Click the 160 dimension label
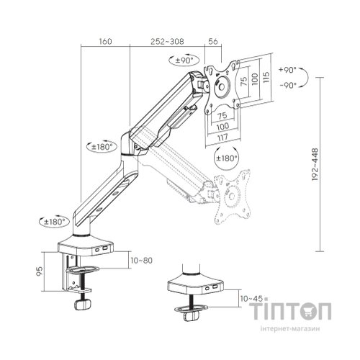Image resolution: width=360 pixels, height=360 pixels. pyautogui.click(x=105, y=41)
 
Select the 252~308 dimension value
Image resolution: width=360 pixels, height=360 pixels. pyautogui.click(x=167, y=41)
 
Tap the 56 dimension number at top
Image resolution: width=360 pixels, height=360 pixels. pyautogui.click(x=213, y=41)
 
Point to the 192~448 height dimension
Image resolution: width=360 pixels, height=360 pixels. pyautogui.click(x=315, y=164)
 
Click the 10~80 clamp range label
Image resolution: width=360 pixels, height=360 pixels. pyautogui.click(x=142, y=260)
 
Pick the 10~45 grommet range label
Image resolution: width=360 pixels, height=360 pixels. pyautogui.click(x=251, y=298)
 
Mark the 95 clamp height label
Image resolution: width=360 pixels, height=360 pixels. pyautogui.click(x=40, y=271)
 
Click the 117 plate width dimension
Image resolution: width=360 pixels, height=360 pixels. pyautogui.click(x=222, y=138)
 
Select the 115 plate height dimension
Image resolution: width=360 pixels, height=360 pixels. pyautogui.click(x=266, y=77)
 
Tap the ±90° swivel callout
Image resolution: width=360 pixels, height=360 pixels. pyautogui.click(x=184, y=60)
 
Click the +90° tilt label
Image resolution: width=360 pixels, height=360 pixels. pyautogui.click(x=287, y=70)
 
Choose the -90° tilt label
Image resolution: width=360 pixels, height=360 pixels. pyautogui.click(x=288, y=85)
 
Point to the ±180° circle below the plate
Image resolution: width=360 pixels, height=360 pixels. pyautogui.click(x=227, y=158)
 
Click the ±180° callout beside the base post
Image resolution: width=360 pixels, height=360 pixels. pyautogui.click(x=55, y=222)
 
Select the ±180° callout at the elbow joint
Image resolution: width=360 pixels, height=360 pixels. pyautogui.click(x=102, y=146)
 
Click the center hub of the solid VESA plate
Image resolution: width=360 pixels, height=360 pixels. pyautogui.click(x=221, y=86)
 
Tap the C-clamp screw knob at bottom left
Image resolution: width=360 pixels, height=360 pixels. pyautogui.click(x=83, y=305)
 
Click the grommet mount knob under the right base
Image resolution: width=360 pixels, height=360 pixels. pyautogui.click(x=192, y=315)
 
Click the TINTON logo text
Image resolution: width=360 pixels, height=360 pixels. pyautogui.click(x=290, y=311)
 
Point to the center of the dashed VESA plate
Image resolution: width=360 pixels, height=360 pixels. pyautogui.click(x=232, y=197)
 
